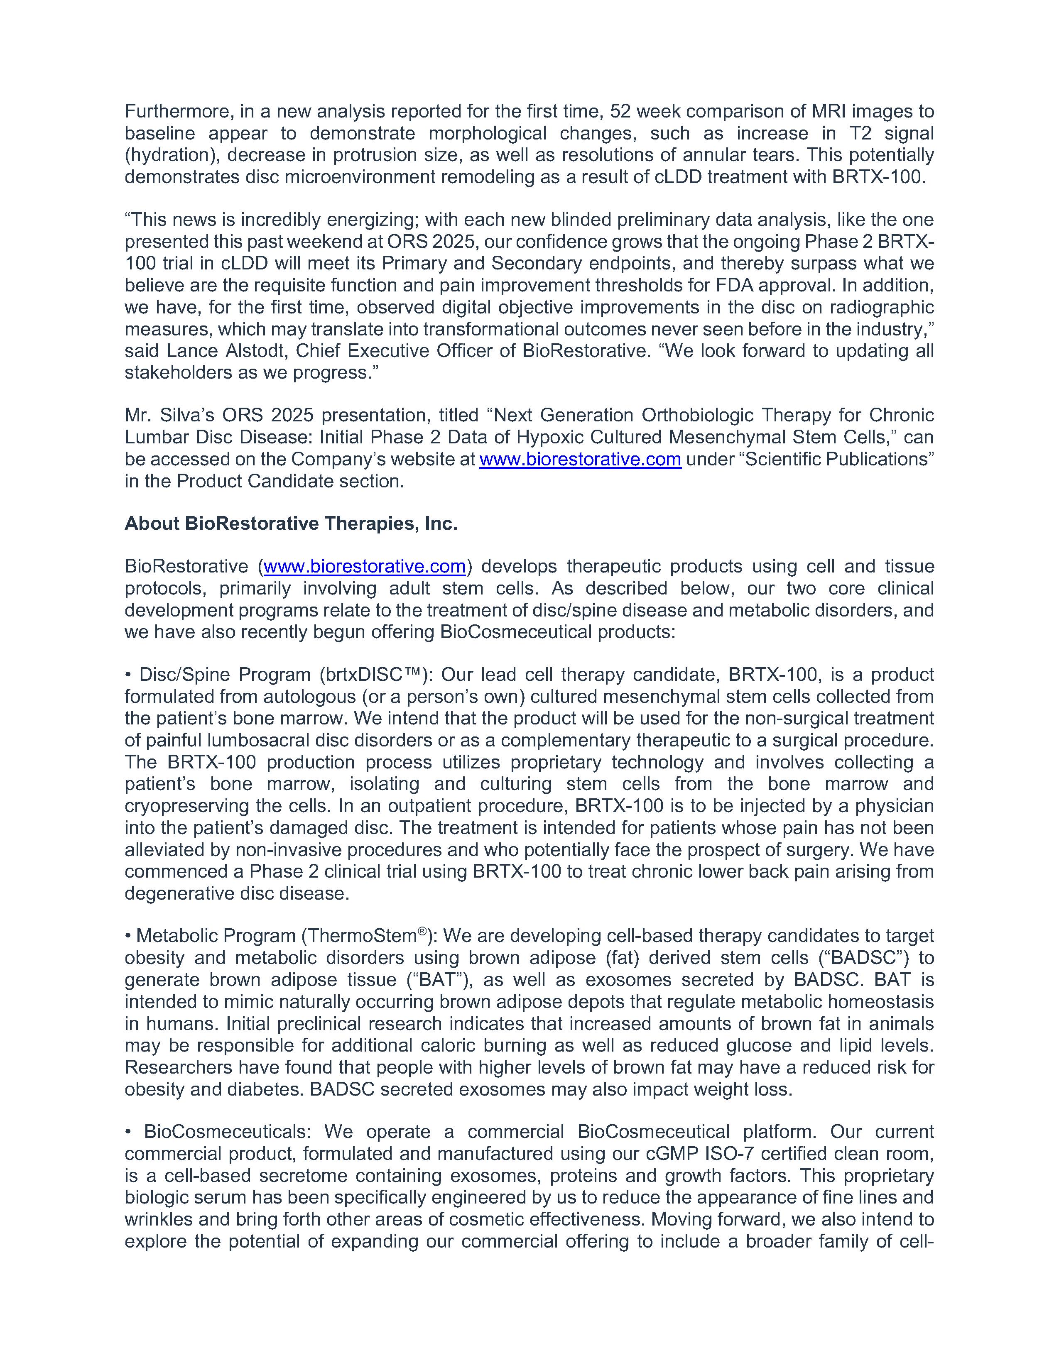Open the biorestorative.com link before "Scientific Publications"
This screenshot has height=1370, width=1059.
(580, 459)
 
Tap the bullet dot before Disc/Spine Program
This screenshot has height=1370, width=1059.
(128, 675)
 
